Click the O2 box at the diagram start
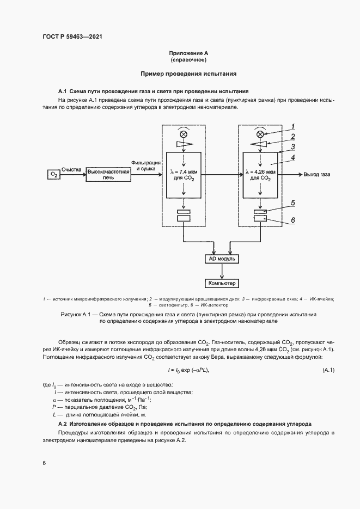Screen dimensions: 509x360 click(53, 174)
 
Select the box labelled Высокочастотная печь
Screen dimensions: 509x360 click(109, 174)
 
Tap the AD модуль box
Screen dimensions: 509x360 click(222, 259)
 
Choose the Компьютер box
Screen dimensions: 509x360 click(222, 283)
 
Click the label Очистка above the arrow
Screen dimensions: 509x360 click(71, 169)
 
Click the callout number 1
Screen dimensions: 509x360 click(292, 126)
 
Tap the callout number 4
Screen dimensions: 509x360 click(292, 158)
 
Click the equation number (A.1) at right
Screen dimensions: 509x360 click(328, 370)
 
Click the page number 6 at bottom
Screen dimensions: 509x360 click(44, 463)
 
